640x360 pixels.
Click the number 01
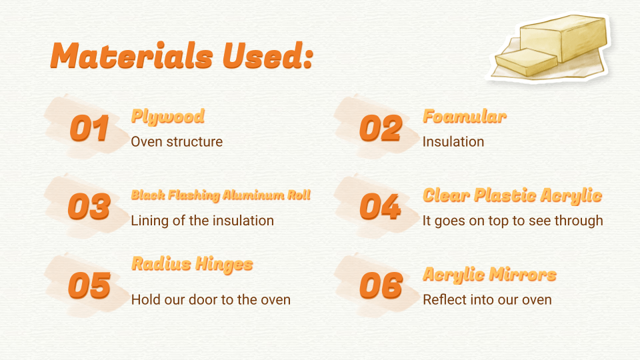point(89,128)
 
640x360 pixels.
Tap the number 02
point(381,128)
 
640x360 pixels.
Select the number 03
point(89,207)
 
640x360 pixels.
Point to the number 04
point(381,207)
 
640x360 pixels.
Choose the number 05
point(89,285)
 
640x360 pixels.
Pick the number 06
point(381,285)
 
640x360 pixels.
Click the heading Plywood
point(168,117)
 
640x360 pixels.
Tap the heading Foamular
point(465,116)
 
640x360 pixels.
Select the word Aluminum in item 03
point(253,195)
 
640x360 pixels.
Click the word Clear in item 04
point(446,195)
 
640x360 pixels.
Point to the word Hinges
point(224,265)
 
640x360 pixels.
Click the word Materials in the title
point(131,55)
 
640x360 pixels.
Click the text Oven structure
point(177,141)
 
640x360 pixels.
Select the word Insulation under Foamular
point(453,141)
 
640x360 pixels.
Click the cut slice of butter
point(526,61)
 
